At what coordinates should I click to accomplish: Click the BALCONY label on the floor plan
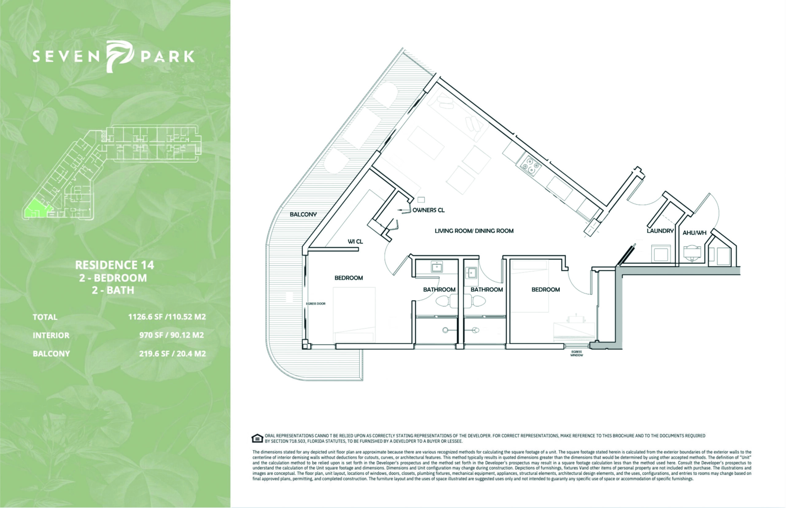tap(303, 214)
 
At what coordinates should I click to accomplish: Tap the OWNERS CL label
tap(429, 210)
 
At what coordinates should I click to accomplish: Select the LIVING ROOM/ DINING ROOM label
tap(474, 231)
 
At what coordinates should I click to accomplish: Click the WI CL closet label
tap(355, 241)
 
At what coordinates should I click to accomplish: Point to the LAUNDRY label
tap(660, 231)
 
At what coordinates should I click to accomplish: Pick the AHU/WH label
tap(695, 233)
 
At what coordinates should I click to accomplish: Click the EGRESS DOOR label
tap(316, 303)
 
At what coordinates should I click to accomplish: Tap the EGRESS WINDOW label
tap(577, 353)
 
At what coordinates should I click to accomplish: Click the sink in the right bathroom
tap(471, 272)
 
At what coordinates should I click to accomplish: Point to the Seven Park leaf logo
tap(119, 56)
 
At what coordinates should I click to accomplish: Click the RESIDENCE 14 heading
tap(115, 265)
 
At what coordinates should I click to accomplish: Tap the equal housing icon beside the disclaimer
tap(257, 438)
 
